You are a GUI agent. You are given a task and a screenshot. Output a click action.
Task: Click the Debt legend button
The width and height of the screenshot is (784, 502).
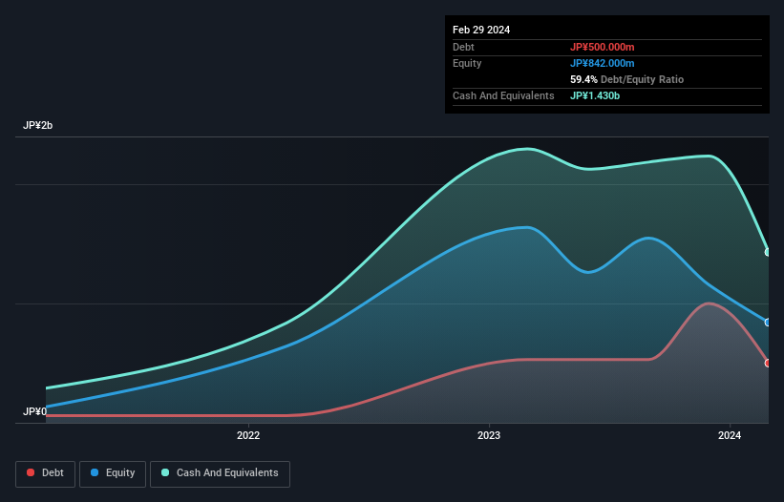coord(44,473)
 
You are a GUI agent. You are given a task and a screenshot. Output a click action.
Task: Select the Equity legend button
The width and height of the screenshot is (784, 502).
coord(113,473)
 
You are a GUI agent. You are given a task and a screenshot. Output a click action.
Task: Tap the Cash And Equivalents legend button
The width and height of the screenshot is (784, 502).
coord(220,473)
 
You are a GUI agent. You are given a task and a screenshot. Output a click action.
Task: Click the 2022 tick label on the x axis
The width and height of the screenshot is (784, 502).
coord(248,436)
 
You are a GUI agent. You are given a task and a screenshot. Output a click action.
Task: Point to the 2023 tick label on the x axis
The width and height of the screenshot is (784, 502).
coord(489,436)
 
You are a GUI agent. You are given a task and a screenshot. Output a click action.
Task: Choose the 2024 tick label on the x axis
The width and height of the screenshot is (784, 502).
coord(730,436)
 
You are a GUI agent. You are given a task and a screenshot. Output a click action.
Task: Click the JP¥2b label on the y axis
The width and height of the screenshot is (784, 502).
coord(38,126)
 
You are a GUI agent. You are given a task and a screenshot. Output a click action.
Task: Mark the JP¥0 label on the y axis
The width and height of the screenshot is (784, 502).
coord(34,411)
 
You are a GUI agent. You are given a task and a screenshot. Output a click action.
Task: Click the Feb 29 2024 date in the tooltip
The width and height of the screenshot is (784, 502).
coord(481,30)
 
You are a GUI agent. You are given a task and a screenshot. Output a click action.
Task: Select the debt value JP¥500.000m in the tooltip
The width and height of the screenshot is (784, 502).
coord(603,47)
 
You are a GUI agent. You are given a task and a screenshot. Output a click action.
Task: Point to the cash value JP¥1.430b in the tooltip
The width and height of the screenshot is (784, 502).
coord(597,95)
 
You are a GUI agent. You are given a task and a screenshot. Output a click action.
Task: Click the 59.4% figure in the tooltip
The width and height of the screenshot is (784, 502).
coord(583,79)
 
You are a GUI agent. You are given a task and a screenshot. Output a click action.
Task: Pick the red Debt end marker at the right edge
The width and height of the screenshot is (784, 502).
coord(768,363)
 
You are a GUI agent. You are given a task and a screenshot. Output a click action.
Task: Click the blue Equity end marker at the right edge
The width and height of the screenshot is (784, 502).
coord(768,323)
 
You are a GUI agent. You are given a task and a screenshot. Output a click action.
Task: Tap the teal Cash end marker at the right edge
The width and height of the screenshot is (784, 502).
coord(768,252)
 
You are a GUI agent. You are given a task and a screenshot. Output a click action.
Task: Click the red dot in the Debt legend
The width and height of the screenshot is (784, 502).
coord(32,473)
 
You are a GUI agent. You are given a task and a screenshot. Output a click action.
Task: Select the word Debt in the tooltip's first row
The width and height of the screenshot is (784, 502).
coord(464,47)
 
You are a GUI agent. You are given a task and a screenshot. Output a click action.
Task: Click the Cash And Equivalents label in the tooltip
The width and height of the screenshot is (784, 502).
coord(503,95)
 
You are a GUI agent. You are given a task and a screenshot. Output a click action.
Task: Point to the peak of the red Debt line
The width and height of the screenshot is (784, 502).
coord(708,303)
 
